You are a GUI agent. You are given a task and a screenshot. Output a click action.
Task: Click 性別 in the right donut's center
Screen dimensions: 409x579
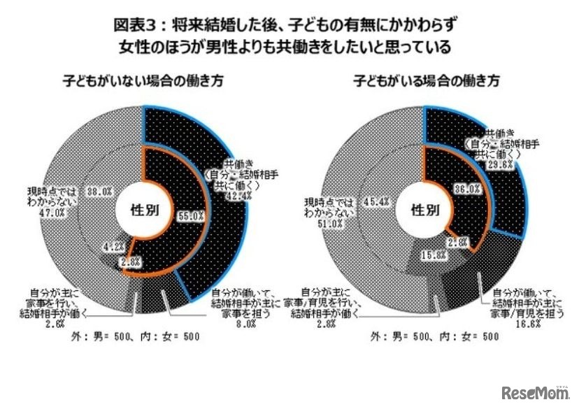pos(425,209)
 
